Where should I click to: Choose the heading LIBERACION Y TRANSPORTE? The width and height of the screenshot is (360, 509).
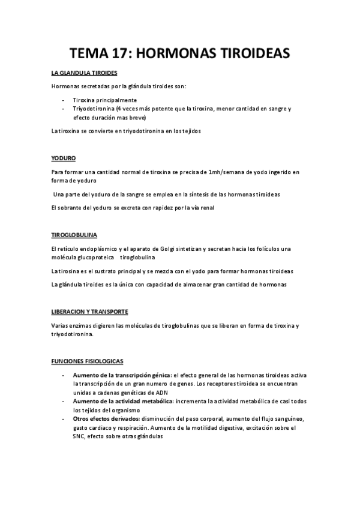89,312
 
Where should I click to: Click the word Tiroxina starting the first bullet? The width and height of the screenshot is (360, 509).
85,100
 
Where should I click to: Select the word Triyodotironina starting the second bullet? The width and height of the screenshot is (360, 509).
94,109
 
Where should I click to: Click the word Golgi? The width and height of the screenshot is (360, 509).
164,248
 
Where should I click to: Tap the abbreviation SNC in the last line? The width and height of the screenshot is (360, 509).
79,437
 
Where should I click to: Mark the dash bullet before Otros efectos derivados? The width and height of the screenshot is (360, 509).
64,418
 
